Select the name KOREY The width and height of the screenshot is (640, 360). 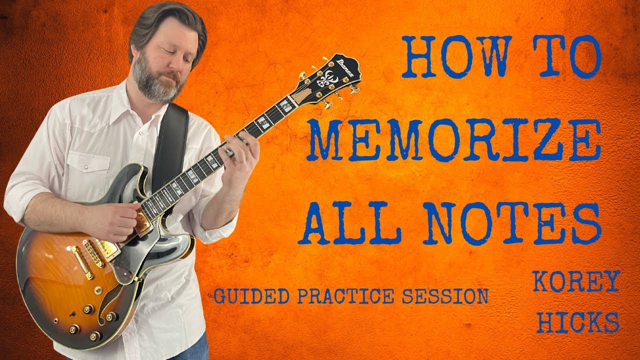(x=576, y=282)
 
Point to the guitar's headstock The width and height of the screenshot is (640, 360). (x=330, y=80)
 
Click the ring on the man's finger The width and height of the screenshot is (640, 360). (x=241, y=161)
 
